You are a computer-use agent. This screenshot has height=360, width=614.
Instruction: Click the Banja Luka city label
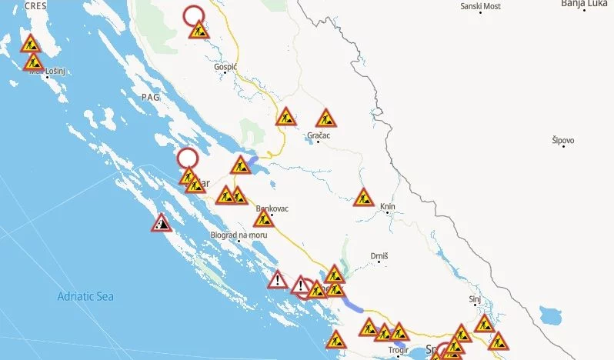[x=584, y=4]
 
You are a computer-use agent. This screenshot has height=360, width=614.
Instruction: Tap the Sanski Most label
[x=480, y=6]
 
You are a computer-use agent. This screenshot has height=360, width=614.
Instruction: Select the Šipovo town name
[x=562, y=140]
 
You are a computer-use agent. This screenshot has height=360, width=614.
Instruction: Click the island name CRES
[x=35, y=5]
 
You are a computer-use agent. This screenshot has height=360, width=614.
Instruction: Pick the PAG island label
[x=150, y=97]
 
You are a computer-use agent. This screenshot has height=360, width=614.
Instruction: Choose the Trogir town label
[x=399, y=350]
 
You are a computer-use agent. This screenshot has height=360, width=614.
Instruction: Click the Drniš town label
[x=379, y=255]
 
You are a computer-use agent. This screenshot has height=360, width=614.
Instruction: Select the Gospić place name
[x=225, y=67]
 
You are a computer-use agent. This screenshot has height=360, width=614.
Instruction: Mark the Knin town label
[x=387, y=206]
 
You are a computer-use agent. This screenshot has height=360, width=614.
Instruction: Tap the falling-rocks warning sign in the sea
[x=161, y=224]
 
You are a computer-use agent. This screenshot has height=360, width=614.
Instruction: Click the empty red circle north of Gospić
[x=194, y=15]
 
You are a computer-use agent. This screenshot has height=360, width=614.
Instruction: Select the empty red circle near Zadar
[x=187, y=158]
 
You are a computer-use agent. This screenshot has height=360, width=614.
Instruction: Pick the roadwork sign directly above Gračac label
[x=325, y=118]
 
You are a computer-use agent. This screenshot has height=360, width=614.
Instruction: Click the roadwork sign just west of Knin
[x=364, y=198]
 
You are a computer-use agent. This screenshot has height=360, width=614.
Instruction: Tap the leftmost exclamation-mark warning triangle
[x=278, y=280]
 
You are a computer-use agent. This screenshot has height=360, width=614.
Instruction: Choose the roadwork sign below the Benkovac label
[x=263, y=219]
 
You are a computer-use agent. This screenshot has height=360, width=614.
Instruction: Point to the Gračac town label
[x=318, y=135]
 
